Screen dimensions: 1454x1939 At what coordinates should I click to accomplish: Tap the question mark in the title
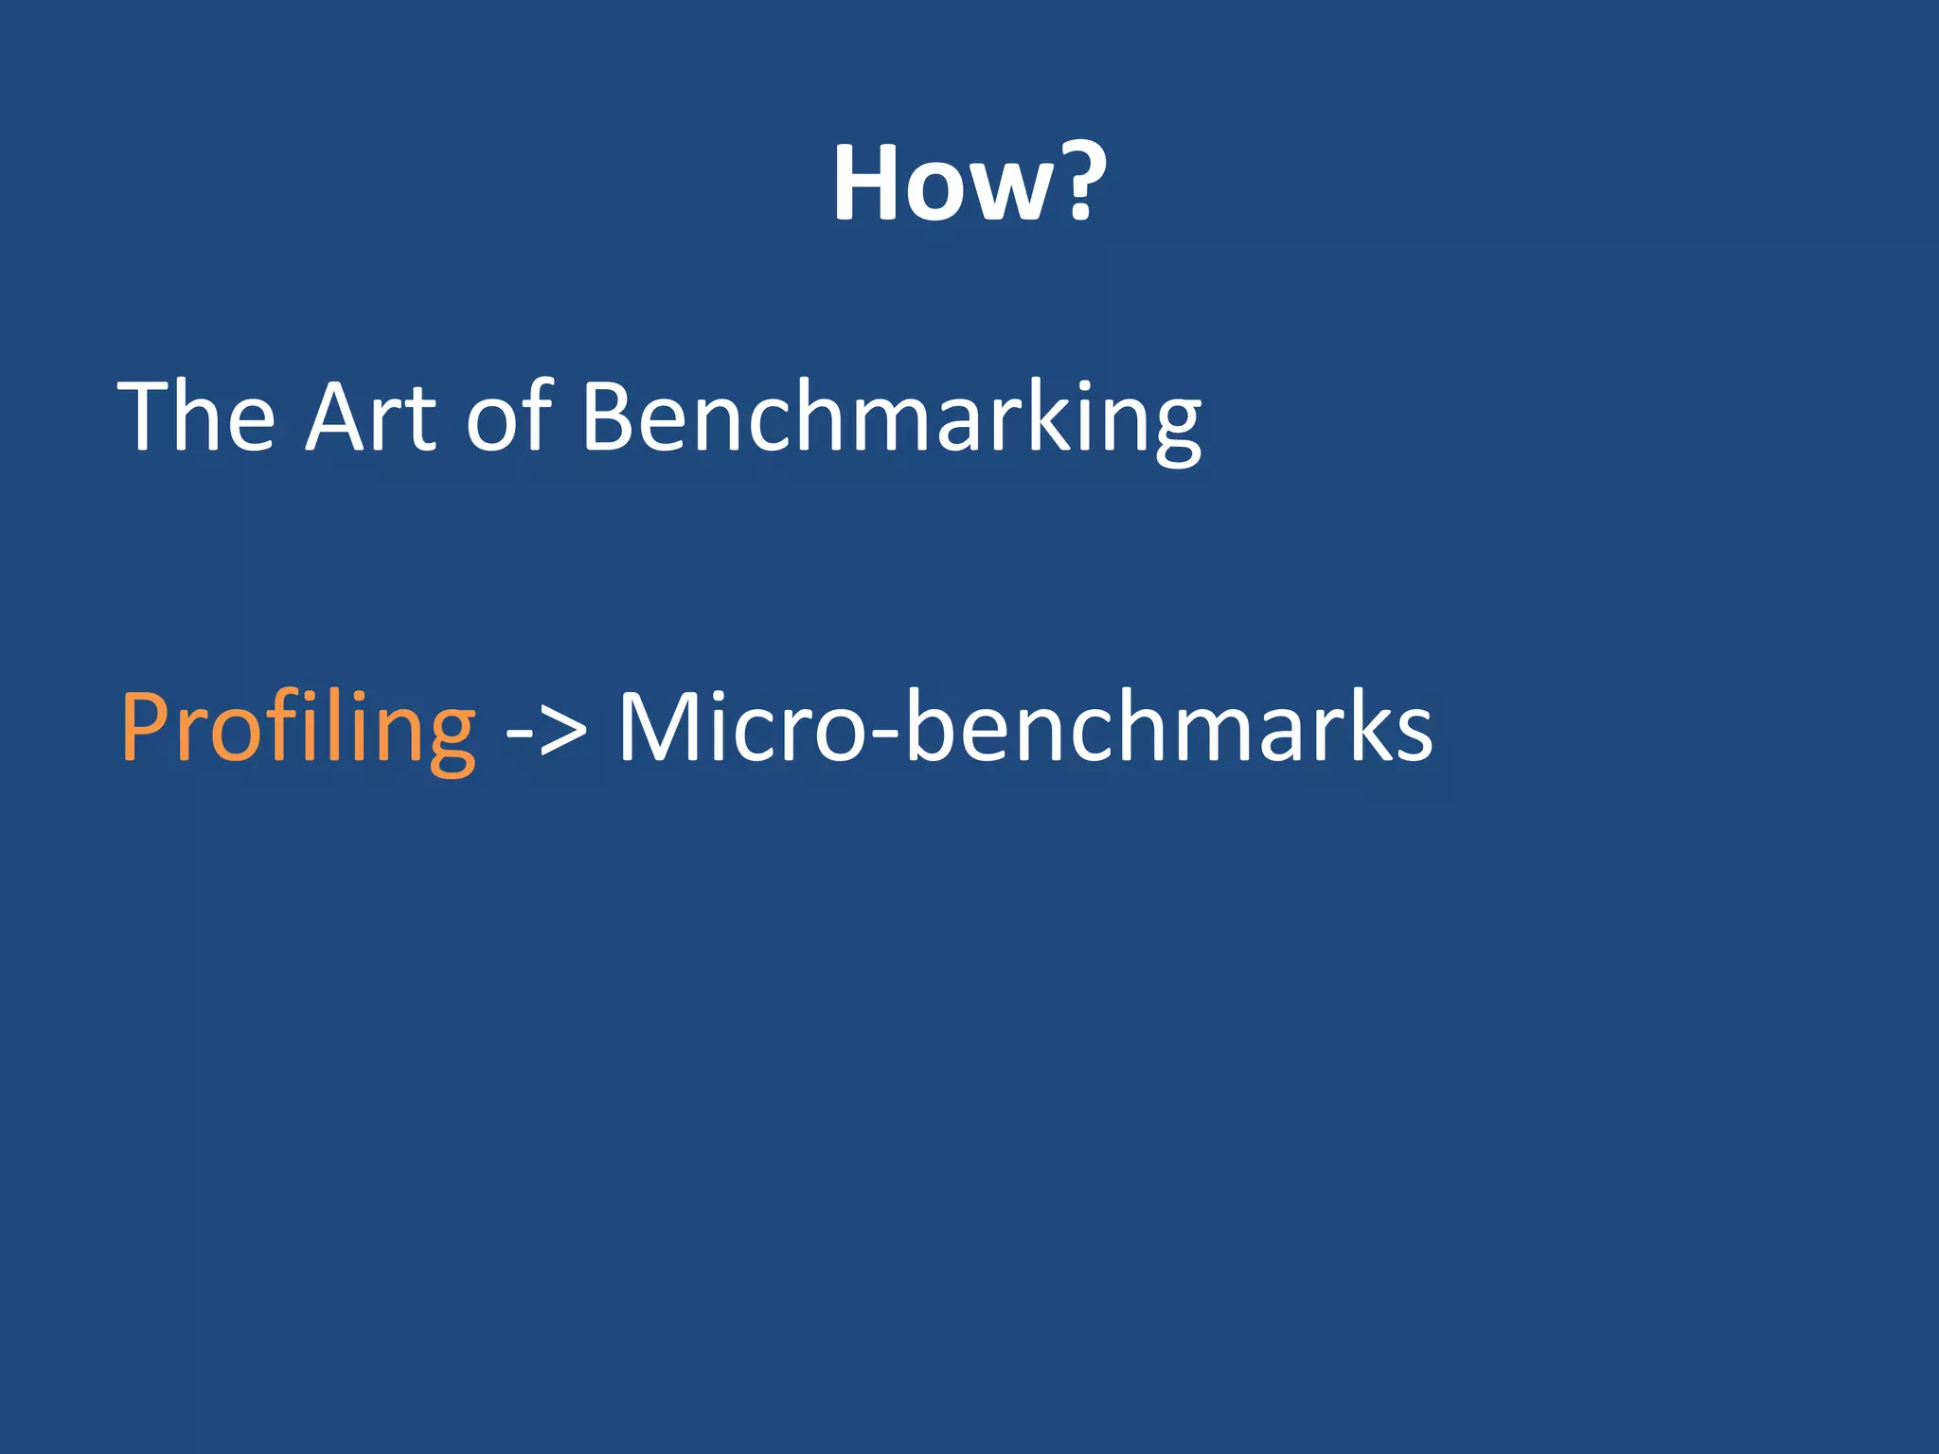point(1081,180)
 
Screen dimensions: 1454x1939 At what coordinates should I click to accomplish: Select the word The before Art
point(197,417)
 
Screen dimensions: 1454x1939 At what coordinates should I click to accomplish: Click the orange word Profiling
point(298,729)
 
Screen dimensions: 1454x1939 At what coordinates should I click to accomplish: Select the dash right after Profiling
point(518,733)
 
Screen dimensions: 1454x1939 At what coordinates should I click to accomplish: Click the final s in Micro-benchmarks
point(1412,734)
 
